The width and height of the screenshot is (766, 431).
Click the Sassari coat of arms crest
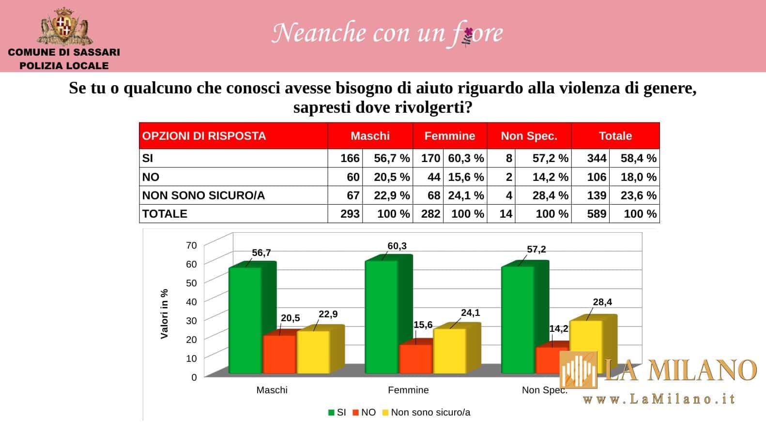point(63,26)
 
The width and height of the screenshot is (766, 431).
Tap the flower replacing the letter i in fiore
point(468,34)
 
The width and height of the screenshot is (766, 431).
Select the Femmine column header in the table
point(449,136)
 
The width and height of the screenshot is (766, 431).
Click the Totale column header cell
point(615,136)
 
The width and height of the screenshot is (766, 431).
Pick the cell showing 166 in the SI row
point(350,158)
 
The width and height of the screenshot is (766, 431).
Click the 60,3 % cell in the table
point(466,158)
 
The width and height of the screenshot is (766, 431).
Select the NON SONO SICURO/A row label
point(203,195)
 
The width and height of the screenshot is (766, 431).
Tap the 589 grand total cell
point(596,214)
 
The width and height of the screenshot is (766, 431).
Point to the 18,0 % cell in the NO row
point(638,177)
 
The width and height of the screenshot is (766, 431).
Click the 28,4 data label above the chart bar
point(602,302)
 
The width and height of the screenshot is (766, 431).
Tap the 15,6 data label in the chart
point(423,325)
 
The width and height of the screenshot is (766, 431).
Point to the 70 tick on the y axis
point(191,245)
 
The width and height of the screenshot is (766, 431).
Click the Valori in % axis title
point(164,313)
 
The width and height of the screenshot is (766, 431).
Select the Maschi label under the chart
point(272,390)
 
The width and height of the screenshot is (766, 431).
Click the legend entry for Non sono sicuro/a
point(430,413)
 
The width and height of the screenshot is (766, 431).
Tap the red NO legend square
point(356,413)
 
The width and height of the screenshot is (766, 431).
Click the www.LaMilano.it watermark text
point(659,399)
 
